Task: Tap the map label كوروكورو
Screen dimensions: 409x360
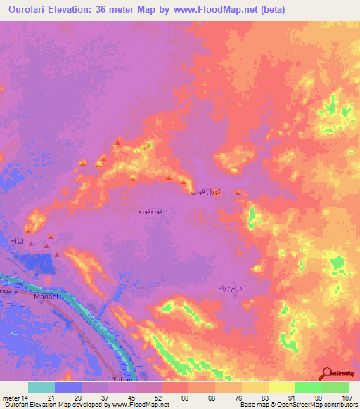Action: pos(151,211)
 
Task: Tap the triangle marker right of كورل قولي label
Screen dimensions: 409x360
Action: pos(238,193)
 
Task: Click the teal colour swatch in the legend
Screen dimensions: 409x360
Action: pos(41,387)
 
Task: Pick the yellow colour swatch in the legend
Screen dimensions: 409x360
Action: pos(281,387)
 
